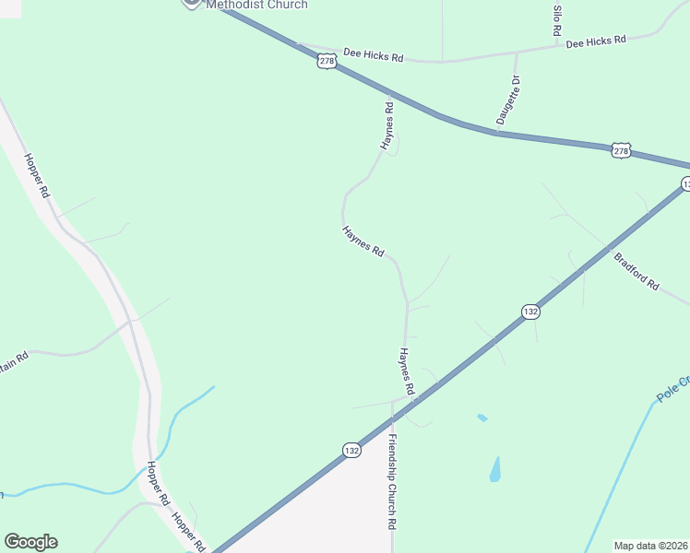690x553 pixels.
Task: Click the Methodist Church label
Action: [x=256, y=5]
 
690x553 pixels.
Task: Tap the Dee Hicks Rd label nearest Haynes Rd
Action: [x=374, y=57]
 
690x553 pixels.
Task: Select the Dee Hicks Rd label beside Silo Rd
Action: [x=596, y=41]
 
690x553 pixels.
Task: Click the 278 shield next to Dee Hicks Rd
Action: [x=327, y=61]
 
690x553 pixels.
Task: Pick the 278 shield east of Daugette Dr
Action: [x=621, y=149]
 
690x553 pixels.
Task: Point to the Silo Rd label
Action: [x=557, y=21]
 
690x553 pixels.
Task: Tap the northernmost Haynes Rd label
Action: [x=388, y=127]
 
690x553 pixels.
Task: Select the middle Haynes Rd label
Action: [x=363, y=241]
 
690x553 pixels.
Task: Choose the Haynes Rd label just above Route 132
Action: [x=407, y=372]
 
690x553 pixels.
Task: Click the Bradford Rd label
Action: [x=636, y=271]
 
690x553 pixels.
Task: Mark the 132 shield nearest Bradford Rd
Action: [x=529, y=312]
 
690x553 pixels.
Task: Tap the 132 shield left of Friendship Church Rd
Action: [x=351, y=450]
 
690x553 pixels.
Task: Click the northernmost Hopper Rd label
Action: [x=36, y=175]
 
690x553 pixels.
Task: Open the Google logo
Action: [x=30, y=542]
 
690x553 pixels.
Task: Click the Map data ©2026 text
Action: [x=650, y=546]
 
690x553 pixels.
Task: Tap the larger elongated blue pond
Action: [x=495, y=469]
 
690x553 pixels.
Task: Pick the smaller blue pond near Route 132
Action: [x=482, y=418]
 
